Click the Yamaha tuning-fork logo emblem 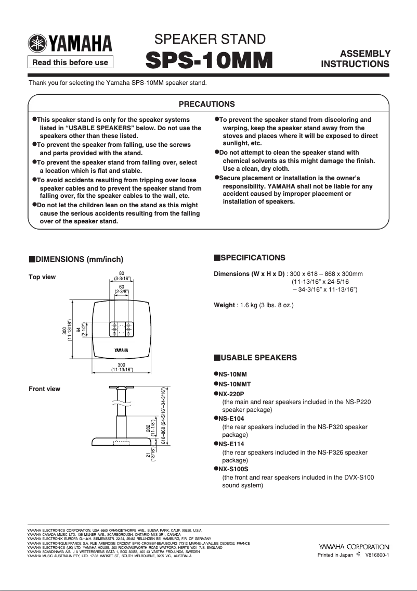(x=37, y=43)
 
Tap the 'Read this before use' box (x=70, y=62)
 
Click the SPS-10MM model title (x=210, y=60)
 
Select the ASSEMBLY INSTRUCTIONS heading (x=355, y=59)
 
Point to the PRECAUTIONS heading (x=207, y=104)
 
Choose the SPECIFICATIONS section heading (x=253, y=258)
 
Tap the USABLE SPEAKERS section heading (x=258, y=358)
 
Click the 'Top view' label (x=42, y=277)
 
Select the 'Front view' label (x=44, y=389)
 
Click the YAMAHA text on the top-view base (x=122, y=349)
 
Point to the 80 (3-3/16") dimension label (x=122, y=276)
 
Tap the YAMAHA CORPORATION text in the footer (x=354, y=547)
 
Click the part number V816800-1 (x=377, y=555)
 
